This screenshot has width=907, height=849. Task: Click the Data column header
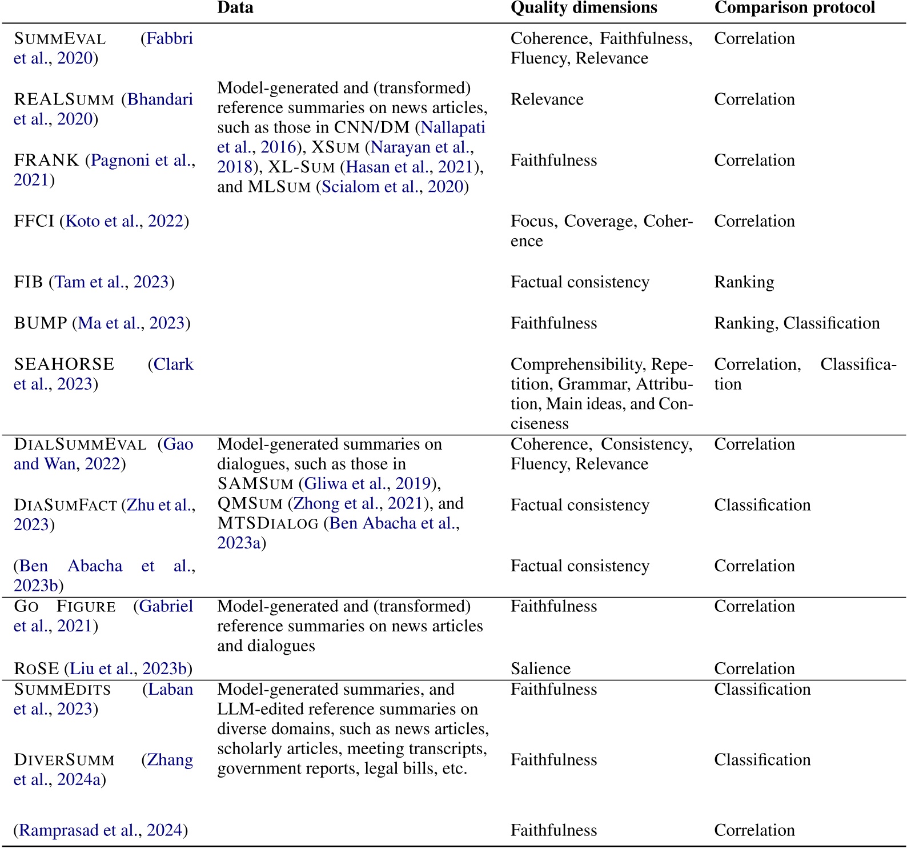(235, 8)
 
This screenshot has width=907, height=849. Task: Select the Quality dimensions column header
(584, 8)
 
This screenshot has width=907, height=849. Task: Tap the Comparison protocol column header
(794, 8)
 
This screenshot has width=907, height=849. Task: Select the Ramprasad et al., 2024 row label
(101, 830)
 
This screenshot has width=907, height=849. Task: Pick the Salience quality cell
(540, 668)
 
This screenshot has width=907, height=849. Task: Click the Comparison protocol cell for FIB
(744, 282)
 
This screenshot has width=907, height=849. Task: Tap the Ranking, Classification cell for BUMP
(797, 323)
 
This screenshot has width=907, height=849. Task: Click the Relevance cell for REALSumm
(547, 99)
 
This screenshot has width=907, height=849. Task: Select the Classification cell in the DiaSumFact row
(762, 505)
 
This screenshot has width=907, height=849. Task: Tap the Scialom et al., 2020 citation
(392, 187)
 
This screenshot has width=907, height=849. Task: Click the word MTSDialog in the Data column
(268, 523)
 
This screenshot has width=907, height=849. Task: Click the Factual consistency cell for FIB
(580, 282)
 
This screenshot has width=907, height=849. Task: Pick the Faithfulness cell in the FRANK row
(553, 161)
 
